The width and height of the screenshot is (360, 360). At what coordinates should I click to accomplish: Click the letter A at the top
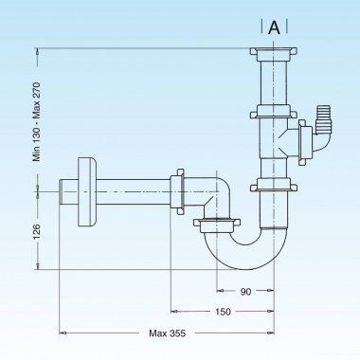tap(274, 27)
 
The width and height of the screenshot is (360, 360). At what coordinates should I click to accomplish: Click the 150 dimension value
tap(223, 310)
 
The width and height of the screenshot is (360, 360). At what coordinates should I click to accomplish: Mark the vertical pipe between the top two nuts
tap(274, 85)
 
